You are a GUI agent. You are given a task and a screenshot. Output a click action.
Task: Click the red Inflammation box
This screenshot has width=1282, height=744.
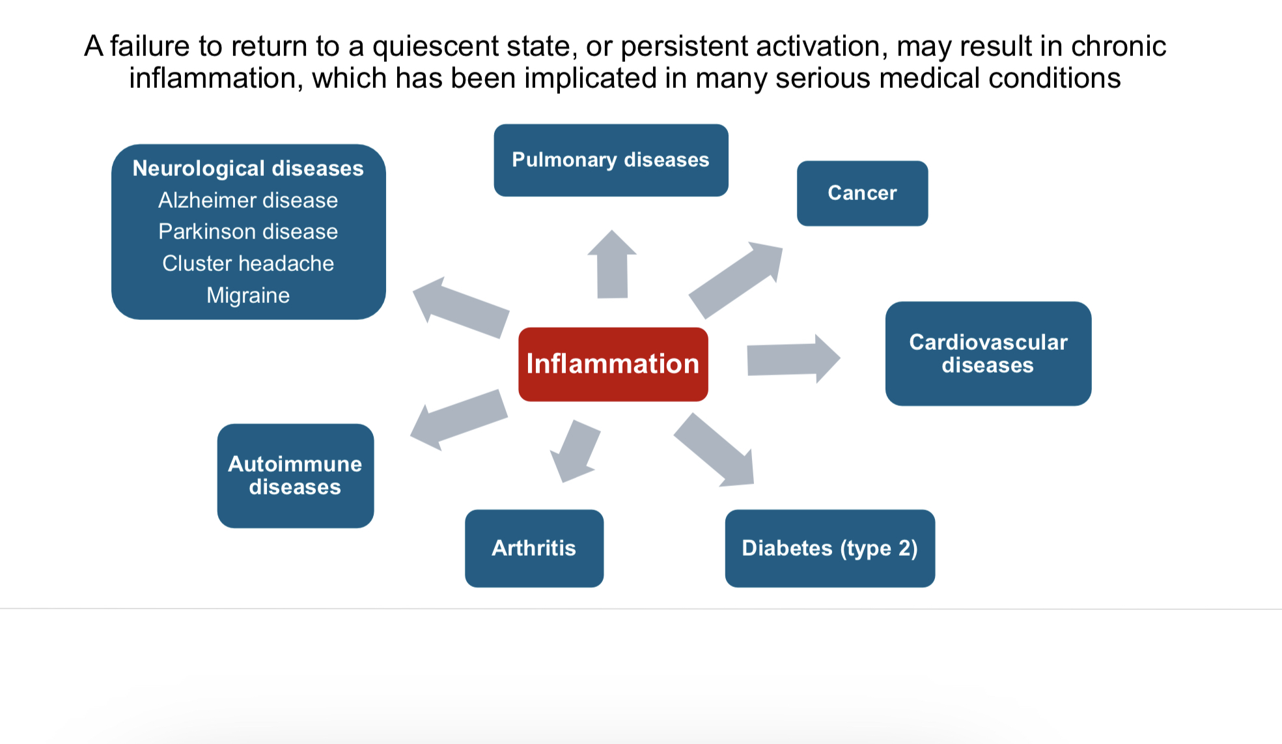coord(613,364)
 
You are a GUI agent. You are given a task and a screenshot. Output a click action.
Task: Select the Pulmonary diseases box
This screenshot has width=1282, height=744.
coord(611,160)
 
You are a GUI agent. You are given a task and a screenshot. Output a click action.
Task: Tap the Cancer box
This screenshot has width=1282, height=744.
coord(862,193)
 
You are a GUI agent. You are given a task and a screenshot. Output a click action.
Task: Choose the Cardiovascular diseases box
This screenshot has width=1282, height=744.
coord(988,354)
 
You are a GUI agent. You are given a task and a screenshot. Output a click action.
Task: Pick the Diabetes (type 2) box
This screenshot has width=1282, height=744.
coord(830,549)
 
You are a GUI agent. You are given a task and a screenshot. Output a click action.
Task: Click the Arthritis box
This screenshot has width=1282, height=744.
coord(534,549)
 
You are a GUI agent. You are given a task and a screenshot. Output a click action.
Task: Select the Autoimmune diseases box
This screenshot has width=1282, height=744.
coord(296,476)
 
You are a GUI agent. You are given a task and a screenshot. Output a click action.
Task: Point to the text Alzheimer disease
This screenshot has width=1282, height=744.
coord(248,200)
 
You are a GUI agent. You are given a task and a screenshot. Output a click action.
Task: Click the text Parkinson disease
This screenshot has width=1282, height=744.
coord(248,231)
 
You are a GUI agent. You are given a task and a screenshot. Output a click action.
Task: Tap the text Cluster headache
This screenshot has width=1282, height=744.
coord(248,263)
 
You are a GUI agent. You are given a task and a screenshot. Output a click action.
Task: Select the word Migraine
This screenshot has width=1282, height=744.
coord(248,296)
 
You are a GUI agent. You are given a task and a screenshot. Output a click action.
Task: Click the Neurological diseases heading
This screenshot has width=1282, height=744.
coord(248,168)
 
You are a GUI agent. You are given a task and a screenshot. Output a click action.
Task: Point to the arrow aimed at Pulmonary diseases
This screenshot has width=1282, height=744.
coord(612,265)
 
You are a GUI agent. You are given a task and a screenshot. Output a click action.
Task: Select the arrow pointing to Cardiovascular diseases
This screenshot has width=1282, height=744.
coord(794,359)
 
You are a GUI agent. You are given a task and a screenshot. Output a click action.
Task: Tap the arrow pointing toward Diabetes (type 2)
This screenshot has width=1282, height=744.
coord(714,450)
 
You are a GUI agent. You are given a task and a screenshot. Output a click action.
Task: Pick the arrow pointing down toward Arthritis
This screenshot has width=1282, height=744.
coord(575,451)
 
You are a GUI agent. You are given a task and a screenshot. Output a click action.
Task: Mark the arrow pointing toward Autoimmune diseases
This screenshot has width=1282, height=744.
coord(459,420)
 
